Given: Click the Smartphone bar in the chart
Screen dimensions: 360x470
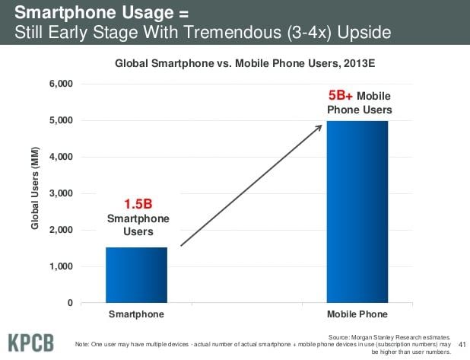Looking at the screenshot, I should [136, 275].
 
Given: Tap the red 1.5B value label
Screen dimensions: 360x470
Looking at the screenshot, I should [138, 204].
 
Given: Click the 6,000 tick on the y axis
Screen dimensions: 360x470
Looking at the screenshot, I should [60, 84].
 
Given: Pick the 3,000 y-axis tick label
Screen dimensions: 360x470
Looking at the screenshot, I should [60, 193].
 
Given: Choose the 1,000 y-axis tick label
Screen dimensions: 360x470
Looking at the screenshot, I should [60, 266].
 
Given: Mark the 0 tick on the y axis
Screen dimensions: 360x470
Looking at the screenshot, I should [70, 303].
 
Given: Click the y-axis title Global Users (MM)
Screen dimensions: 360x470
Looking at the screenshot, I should [33, 193].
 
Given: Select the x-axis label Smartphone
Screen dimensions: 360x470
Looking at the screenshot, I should [136, 314].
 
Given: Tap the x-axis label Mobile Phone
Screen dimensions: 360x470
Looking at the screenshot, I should [357, 314].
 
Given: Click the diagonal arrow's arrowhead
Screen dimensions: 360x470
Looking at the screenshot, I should [319, 127].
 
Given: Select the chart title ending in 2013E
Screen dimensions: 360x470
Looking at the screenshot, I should [245, 65].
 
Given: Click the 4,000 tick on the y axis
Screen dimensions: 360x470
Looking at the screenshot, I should [60, 157].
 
